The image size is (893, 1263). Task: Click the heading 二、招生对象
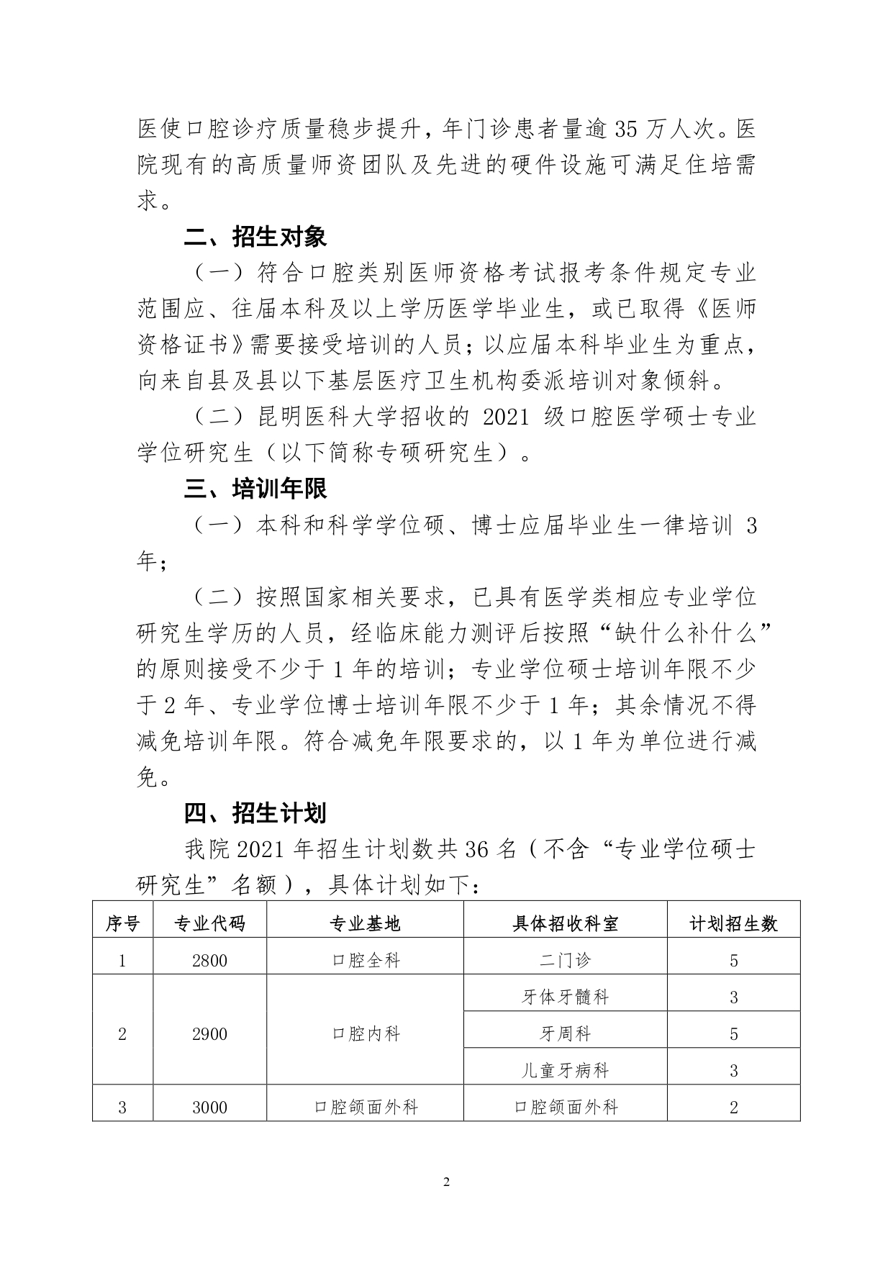coord(255,237)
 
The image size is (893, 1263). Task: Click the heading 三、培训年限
coord(255,489)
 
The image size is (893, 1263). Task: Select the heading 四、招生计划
coord(255,813)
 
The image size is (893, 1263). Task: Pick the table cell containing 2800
coord(209,961)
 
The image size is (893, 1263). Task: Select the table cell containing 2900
coord(209,1034)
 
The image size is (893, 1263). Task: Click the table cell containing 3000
coord(209,1108)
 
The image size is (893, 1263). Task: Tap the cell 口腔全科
coord(366,961)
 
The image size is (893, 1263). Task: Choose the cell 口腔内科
coord(366,1034)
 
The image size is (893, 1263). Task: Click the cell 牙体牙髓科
coord(565,997)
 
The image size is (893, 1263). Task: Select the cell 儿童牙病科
coord(565,1071)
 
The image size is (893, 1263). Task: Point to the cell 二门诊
coord(565,961)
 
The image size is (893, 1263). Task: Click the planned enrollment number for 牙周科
coord(733,1034)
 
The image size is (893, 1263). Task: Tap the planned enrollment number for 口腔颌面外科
coord(733,1108)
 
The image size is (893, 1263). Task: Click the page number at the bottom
coord(446,1182)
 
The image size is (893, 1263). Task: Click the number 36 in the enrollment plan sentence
coord(477,850)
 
